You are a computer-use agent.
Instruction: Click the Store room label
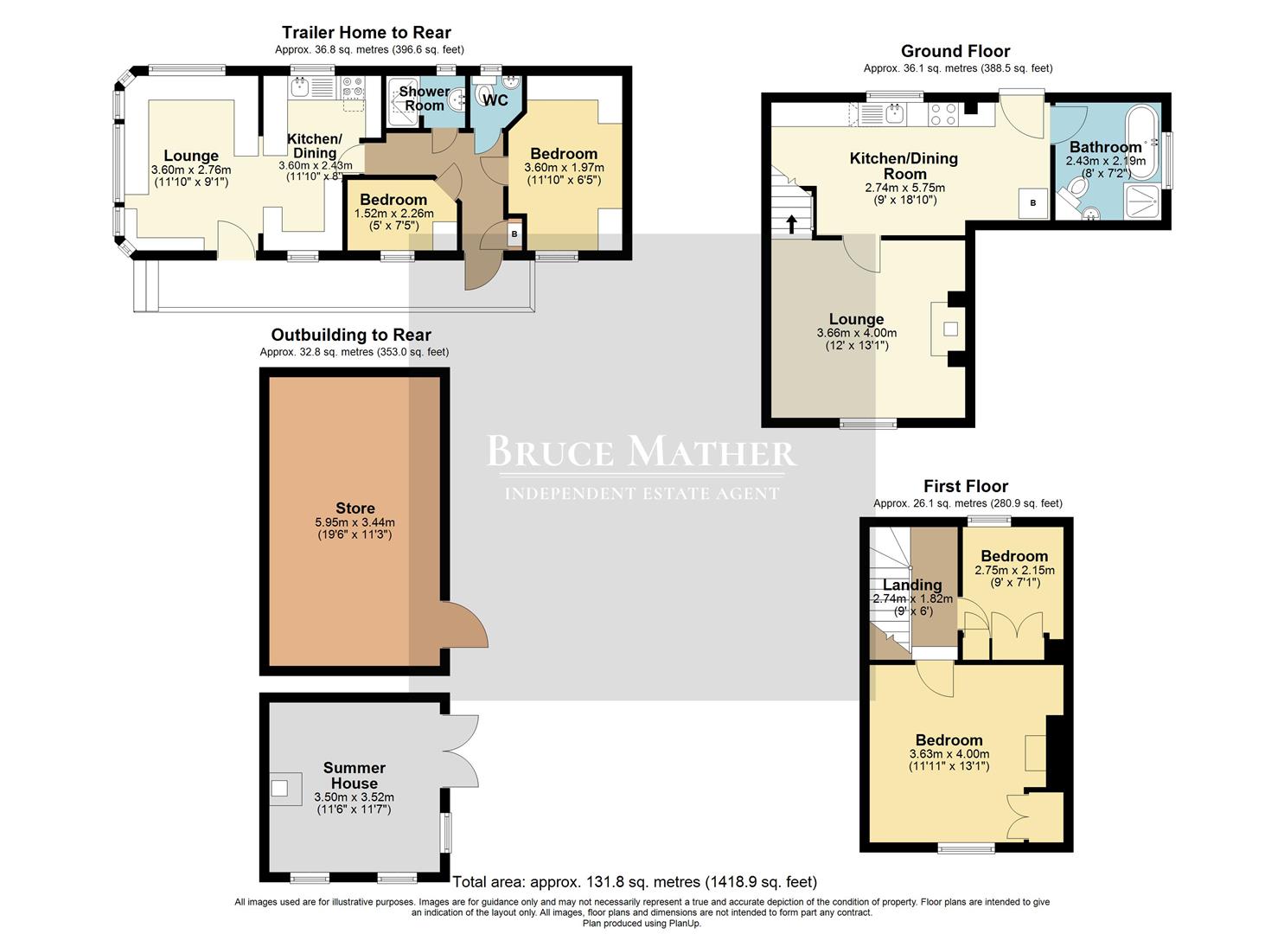click(x=355, y=509)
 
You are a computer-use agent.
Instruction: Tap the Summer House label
click(x=355, y=775)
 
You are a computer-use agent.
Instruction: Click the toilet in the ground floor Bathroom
click(x=1075, y=189)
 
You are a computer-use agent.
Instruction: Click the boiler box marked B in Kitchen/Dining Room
click(x=1032, y=203)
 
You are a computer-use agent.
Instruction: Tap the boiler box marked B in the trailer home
click(x=514, y=234)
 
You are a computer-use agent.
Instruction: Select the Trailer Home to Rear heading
click(x=367, y=34)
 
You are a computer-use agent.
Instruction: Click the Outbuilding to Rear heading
click(x=351, y=335)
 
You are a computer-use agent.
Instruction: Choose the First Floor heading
click(x=965, y=486)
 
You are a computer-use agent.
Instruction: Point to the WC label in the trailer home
click(x=495, y=100)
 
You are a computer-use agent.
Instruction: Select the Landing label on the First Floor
click(x=912, y=585)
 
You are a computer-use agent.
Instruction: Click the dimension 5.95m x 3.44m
click(x=355, y=522)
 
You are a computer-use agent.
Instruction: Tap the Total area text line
click(x=635, y=882)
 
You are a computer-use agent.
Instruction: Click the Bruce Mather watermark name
click(x=641, y=452)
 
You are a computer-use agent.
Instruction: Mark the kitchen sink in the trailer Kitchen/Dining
click(x=302, y=87)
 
